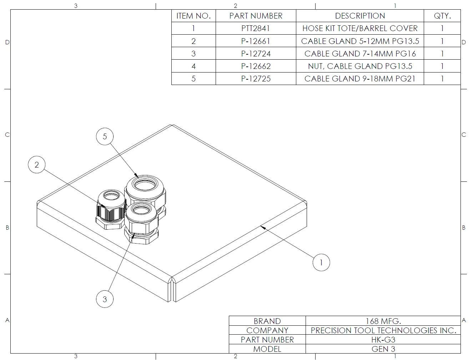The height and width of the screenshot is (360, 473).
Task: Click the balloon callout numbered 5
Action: (x=105, y=136)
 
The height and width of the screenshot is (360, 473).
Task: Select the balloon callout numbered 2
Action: (x=36, y=165)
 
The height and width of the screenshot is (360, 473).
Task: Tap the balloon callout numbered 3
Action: (x=105, y=299)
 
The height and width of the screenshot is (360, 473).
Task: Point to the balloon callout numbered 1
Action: (x=321, y=262)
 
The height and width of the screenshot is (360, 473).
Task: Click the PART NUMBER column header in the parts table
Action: (x=256, y=16)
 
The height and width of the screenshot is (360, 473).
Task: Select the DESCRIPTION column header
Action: (x=360, y=16)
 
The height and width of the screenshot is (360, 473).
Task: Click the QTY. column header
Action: (x=442, y=16)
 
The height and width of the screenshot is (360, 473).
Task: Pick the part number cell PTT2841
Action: (x=256, y=28)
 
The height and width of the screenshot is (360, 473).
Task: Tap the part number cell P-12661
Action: (x=256, y=41)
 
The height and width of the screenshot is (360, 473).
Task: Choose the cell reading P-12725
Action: (x=256, y=79)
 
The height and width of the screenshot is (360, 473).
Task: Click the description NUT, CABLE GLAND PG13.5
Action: (x=360, y=66)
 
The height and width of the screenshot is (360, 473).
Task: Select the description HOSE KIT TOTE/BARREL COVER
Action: (x=360, y=28)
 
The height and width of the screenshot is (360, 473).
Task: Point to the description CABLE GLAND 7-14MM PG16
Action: (x=360, y=54)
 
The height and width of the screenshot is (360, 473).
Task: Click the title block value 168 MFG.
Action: (x=383, y=321)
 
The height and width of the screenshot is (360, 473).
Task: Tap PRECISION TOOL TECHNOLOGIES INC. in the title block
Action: (x=383, y=330)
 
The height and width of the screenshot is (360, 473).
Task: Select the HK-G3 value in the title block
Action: (x=383, y=340)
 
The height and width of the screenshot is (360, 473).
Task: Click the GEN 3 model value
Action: (x=383, y=349)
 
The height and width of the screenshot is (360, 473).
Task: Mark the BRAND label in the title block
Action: (x=267, y=321)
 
